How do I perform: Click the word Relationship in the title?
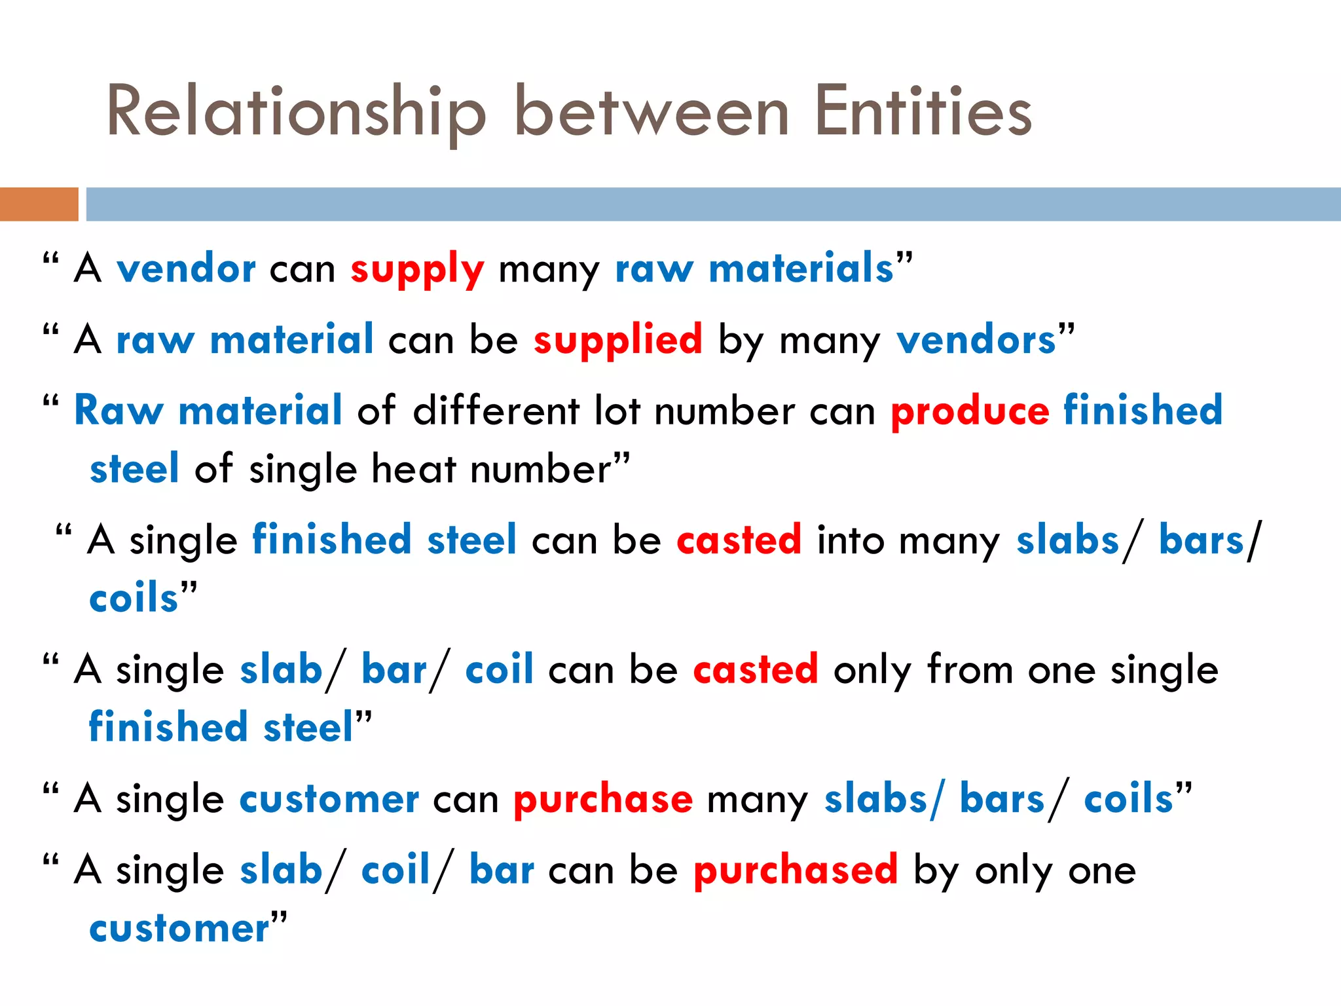(x=296, y=113)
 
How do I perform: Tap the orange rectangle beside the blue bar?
(x=39, y=204)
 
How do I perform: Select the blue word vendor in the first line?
(x=186, y=269)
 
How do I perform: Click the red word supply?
(x=417, y=269)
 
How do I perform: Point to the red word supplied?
(x=617, y=341)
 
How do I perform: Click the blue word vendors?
(x=976, y=341)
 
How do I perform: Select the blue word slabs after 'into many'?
(x=1067, y=541)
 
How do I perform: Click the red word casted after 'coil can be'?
(x=755, y=670)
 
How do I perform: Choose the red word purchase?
(x=602, y=800)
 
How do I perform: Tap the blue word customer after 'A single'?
(x=329, y=800)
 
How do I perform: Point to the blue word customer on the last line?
(x=179, y=929)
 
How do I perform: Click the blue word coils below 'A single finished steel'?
(x=134, y=599)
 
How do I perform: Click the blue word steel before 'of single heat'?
(x=134, y=470)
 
